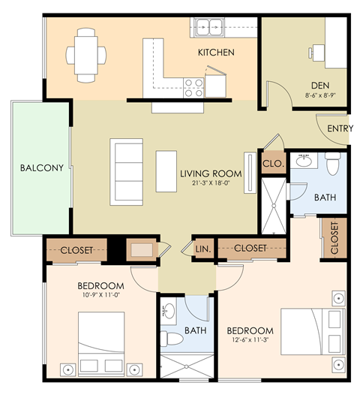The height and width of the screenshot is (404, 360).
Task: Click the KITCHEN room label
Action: [x=216, y=53]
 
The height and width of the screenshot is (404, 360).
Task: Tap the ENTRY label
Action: [x=340, y=128]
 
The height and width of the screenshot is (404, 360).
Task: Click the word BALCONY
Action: [x=41, y=167]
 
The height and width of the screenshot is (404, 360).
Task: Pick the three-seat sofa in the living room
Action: [x=126, y=171]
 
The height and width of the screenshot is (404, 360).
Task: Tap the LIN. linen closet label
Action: [x=202, y=248]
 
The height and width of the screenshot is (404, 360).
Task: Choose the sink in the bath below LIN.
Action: [x=169, y=311]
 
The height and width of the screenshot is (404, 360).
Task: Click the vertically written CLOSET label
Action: [x=334, y=237]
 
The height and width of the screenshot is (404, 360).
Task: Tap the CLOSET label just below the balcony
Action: [x=76, y=250]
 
